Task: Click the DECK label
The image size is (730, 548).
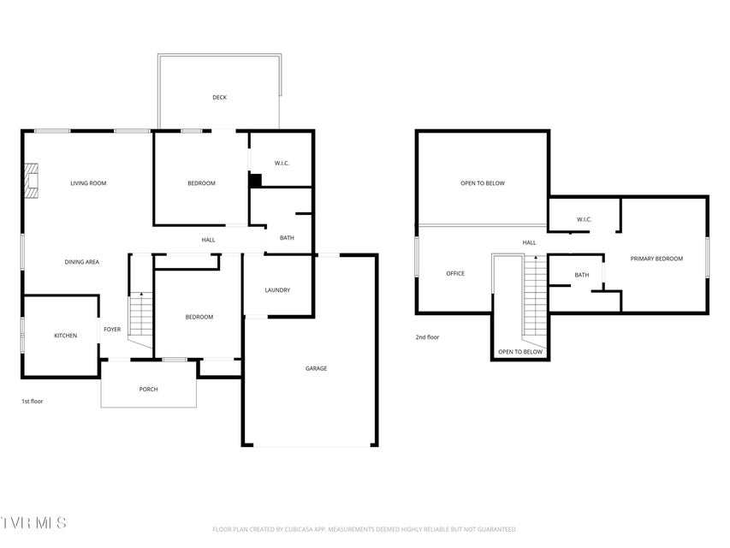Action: pos(219,98)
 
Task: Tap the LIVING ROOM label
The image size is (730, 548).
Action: pos(88,183)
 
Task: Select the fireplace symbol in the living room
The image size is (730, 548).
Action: pos(31,181)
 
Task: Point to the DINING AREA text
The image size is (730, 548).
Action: pos(82,262)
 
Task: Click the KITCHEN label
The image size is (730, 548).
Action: pos(66,336)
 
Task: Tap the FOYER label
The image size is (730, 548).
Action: pos(112,330)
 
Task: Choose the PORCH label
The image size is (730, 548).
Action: pos(149,389)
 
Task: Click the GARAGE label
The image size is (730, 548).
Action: pos(316,368)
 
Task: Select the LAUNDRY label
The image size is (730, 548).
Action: pos(277,290)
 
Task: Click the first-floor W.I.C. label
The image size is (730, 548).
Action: pos(282,163)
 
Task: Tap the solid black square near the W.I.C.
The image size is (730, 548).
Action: pos(255,181)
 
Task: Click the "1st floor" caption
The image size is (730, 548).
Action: pos(33,402)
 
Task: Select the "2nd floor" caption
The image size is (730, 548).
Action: pos(427,337)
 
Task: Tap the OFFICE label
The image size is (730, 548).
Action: pos(455,273)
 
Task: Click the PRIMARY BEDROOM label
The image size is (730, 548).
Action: pos(656,259)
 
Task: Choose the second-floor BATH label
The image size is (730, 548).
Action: pos(582,275)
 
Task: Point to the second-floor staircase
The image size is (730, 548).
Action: pos(536,295)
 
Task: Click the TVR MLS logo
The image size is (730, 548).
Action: pos(33,523)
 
